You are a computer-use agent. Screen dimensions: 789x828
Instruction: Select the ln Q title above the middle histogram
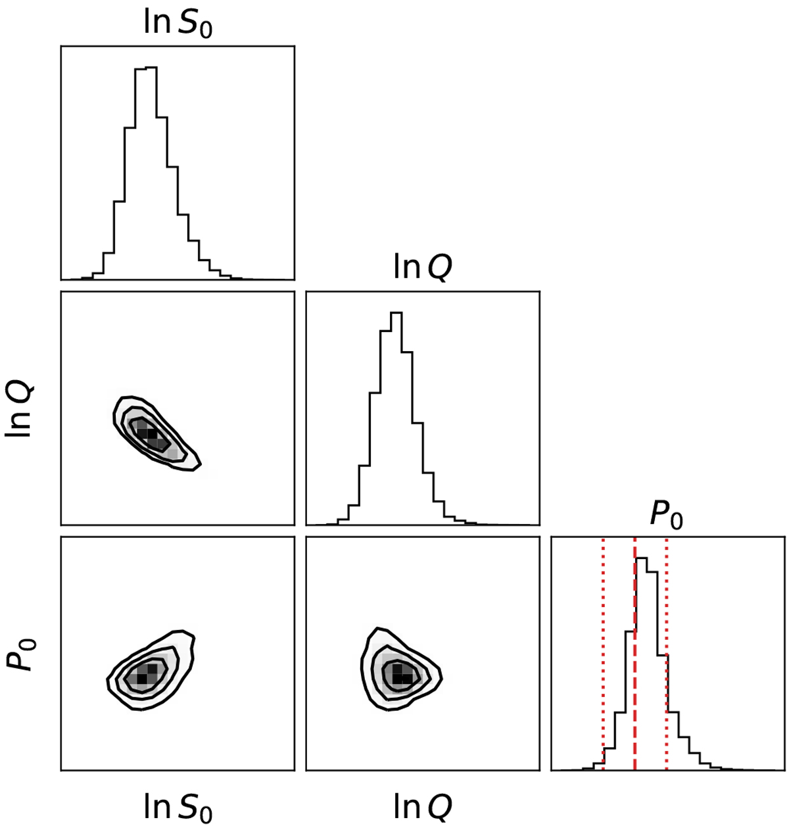[422, 268]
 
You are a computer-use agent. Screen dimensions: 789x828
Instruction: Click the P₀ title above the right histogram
[667, 514]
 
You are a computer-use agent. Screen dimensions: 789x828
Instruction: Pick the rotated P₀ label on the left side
[20, 655]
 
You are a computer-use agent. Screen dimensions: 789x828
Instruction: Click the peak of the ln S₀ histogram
[146, 67]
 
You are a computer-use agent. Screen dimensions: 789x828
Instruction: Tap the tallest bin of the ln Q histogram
[396, 312]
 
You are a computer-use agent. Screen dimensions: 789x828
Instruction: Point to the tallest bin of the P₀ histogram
[641, 558]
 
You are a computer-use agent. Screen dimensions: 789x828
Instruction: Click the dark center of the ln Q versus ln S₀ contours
[148, 433]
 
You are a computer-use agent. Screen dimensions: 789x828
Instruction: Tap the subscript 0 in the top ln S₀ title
[206, 30]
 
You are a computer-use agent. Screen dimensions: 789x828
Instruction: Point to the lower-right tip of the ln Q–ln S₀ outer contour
[201, 464]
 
